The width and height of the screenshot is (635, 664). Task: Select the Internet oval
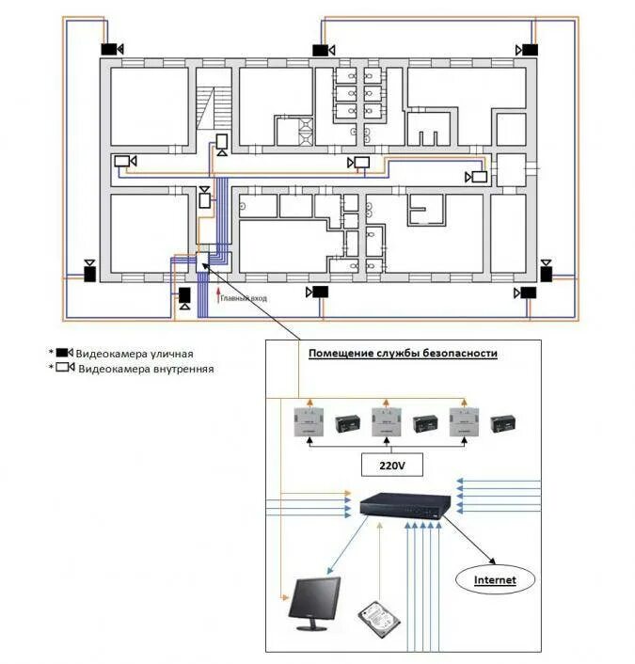coord(495,579)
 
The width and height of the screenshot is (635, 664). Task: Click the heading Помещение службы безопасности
coord(404,353)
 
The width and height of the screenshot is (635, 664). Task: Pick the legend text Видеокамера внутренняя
coord(146,370)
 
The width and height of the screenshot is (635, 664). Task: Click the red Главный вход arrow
coord(217,298)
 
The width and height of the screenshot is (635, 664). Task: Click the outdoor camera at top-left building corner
coord(111,49)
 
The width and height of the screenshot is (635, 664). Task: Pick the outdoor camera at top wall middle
coord(323,50)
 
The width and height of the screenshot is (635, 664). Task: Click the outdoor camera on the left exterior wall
coord(89,273)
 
